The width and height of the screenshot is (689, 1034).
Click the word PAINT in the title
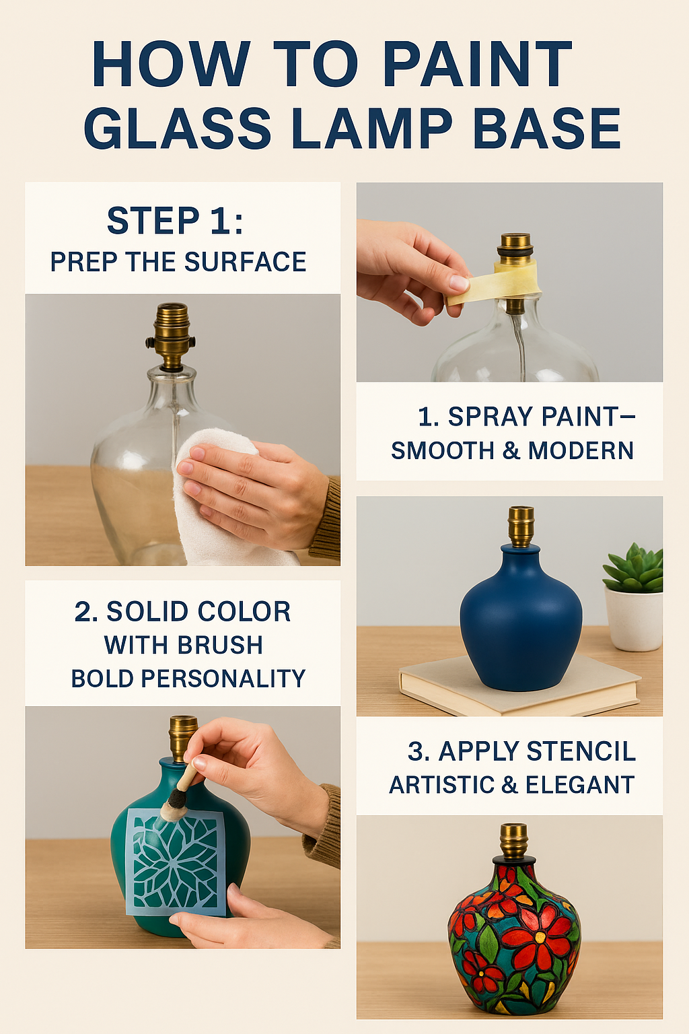(477, 64)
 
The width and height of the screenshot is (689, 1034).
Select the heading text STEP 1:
(175, 221)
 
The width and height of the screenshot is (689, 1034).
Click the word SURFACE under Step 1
(245, 262)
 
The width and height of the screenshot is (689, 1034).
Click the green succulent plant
(634, 567)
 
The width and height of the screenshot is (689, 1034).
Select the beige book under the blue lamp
(519, 685)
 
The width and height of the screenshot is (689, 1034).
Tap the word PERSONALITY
(223, 679)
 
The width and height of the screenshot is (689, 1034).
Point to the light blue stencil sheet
(176, 862)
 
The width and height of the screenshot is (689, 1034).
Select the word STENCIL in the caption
(581, 751)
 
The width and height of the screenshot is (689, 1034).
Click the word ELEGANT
(579, 785)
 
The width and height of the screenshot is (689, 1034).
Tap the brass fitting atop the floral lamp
(513, 841)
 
